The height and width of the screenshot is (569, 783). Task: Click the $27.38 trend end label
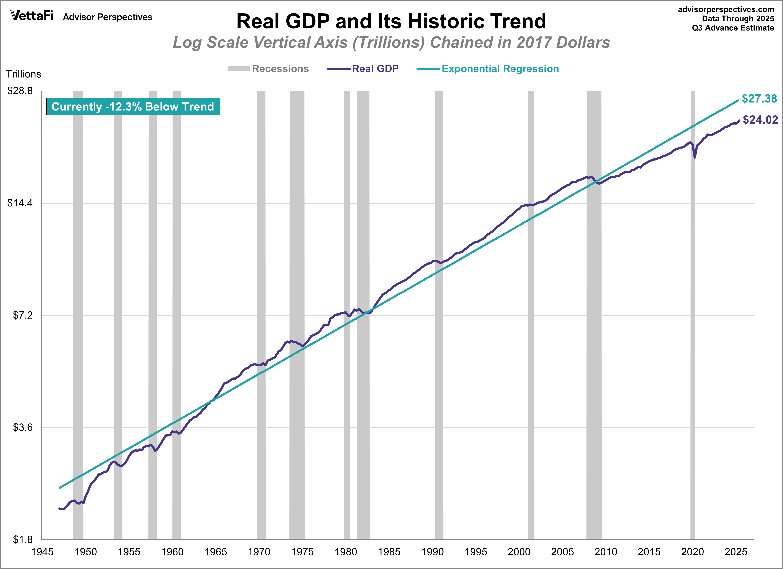point(759,99)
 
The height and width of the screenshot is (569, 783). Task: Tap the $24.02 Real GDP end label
point(760,120)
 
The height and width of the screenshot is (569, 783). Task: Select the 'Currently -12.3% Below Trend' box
point(133,106)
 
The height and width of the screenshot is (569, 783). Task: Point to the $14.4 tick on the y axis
point(20,203)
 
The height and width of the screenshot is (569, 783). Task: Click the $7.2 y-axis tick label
point(23,315)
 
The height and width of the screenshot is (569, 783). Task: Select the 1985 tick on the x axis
point(389,552)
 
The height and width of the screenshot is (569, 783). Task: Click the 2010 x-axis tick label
point(605,552)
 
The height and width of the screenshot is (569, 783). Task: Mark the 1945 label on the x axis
point(42,552)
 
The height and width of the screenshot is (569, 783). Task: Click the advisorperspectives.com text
point(726,9)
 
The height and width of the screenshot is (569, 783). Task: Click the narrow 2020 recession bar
point(692,311)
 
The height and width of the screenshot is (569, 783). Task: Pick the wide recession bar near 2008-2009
point(594,311)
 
